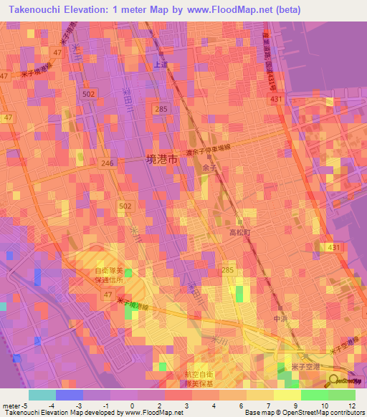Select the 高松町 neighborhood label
pos(239,233)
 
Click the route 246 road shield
pos(108,163)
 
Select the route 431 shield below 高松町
pos(333,247)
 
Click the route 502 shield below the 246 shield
pos(126,206)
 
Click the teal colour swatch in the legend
pos(42,395)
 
